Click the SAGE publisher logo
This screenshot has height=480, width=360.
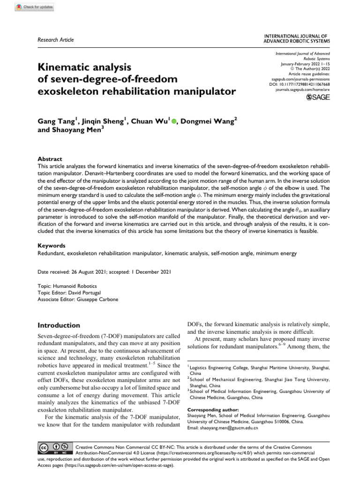pyautogui.click(x=317, y=97)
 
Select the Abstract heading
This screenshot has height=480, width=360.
pyautogui.click(x=50, y=159)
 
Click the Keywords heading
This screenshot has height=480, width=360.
pyautogui.click(x=51, y=245)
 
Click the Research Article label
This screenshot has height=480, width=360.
pyautogui.click(x=55, y=40)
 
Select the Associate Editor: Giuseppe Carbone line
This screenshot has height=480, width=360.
pyautogui.click(x=78, y=300)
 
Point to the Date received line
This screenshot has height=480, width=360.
pyautogui.click(x=104, y=271)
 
